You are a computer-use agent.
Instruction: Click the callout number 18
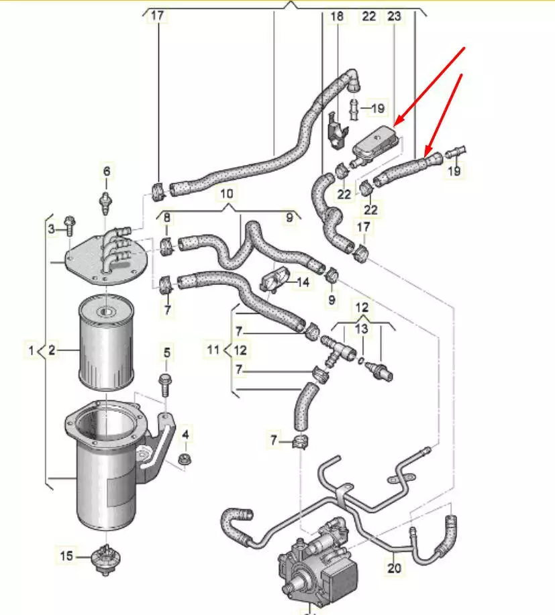(337, 16)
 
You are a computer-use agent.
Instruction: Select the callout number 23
(394, 16)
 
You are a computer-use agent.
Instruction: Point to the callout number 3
(51, 230)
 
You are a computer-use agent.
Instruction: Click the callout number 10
(228, 194)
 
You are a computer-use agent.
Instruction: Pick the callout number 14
(303, 282)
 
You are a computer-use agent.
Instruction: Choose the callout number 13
(362, 329)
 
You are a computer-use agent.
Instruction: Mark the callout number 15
(66, 555)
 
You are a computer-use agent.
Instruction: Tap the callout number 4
(186, 435)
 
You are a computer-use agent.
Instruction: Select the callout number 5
(167, 351)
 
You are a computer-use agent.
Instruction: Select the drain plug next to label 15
(105, 560)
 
